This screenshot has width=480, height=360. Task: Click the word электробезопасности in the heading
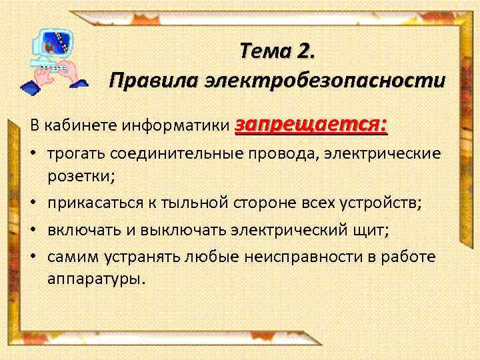(325, 81)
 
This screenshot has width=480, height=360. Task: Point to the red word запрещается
(311, 124)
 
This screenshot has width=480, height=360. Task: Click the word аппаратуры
(95, 279)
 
